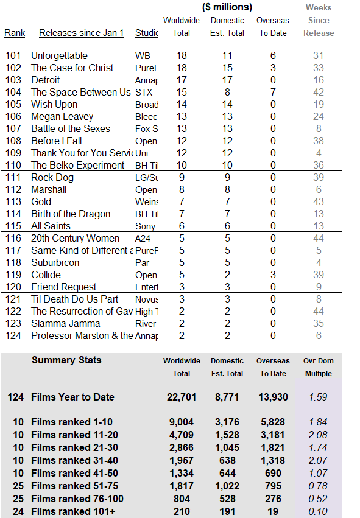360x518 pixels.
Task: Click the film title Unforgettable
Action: click(59, 55)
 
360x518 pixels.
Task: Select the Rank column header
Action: click(15, 33)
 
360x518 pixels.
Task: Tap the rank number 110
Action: click(13, 165)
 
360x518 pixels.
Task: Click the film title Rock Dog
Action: click(52, 177)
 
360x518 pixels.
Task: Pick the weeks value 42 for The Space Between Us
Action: click(319, 92)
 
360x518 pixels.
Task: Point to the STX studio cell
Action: click(144, 92)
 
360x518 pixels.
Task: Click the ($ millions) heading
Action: click(227, 7)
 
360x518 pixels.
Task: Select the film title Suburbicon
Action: click(55, 262)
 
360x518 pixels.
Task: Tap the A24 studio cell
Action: click(143, 238)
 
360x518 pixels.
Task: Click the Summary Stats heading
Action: click(66, 360)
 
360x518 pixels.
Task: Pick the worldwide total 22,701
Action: click(182, 397)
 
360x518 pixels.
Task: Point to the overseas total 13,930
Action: click(273, 397)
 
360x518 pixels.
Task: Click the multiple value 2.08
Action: click(318, 435)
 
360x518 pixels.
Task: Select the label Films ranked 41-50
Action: click(74, 473)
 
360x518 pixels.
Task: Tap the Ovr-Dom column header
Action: click(319, 361)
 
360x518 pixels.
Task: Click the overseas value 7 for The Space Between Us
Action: click(273, 92)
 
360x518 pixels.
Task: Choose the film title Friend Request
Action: click(63, 287)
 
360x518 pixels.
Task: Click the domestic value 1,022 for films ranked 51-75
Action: click(227, 486)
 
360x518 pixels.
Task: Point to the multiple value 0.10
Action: click(318, 511)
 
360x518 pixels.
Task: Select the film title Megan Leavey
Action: click(62, 117)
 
